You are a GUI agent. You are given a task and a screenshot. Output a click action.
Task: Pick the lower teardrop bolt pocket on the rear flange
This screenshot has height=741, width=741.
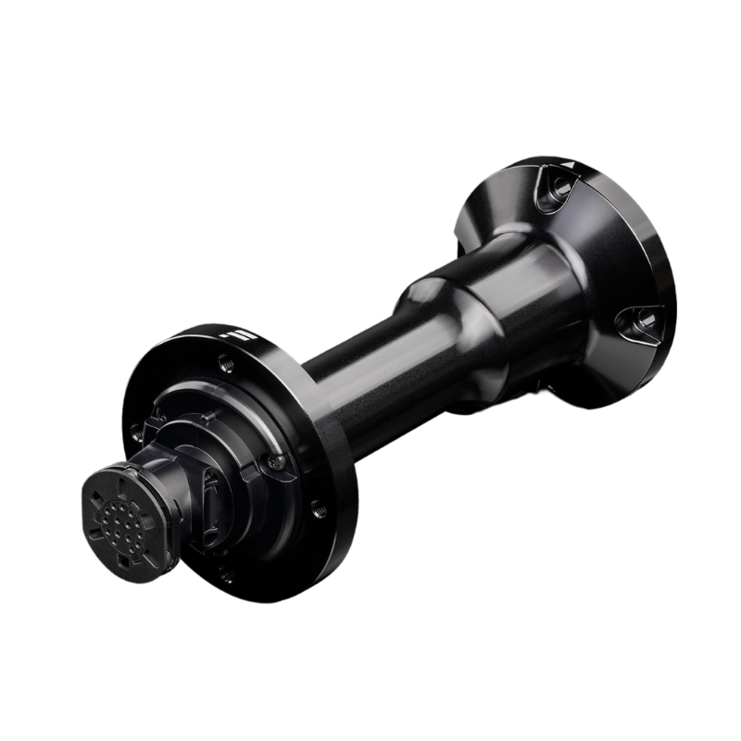(x=637, y=322)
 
